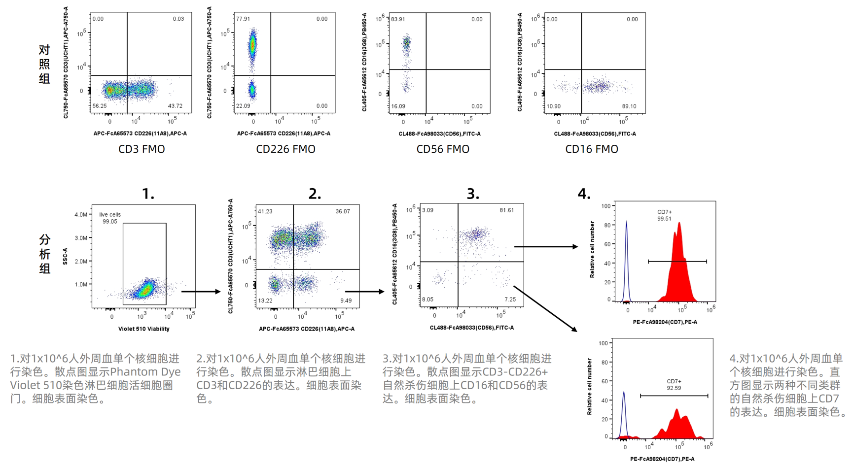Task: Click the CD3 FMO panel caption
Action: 142,149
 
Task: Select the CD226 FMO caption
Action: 285,149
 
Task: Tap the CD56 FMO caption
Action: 443,149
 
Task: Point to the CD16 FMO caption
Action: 592,149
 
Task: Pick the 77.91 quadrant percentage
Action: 243,19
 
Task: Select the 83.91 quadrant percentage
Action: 398,20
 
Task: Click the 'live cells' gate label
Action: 109,215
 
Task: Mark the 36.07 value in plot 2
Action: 343,211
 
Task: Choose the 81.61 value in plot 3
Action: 506,210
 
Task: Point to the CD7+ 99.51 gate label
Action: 664,215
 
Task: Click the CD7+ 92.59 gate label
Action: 674,385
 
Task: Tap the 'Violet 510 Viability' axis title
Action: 143,329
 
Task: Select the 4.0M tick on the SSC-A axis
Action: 81,215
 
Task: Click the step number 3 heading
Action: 473,194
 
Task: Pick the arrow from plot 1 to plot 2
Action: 201,292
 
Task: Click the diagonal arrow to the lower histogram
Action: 545,309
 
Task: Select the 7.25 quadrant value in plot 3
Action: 510,300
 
